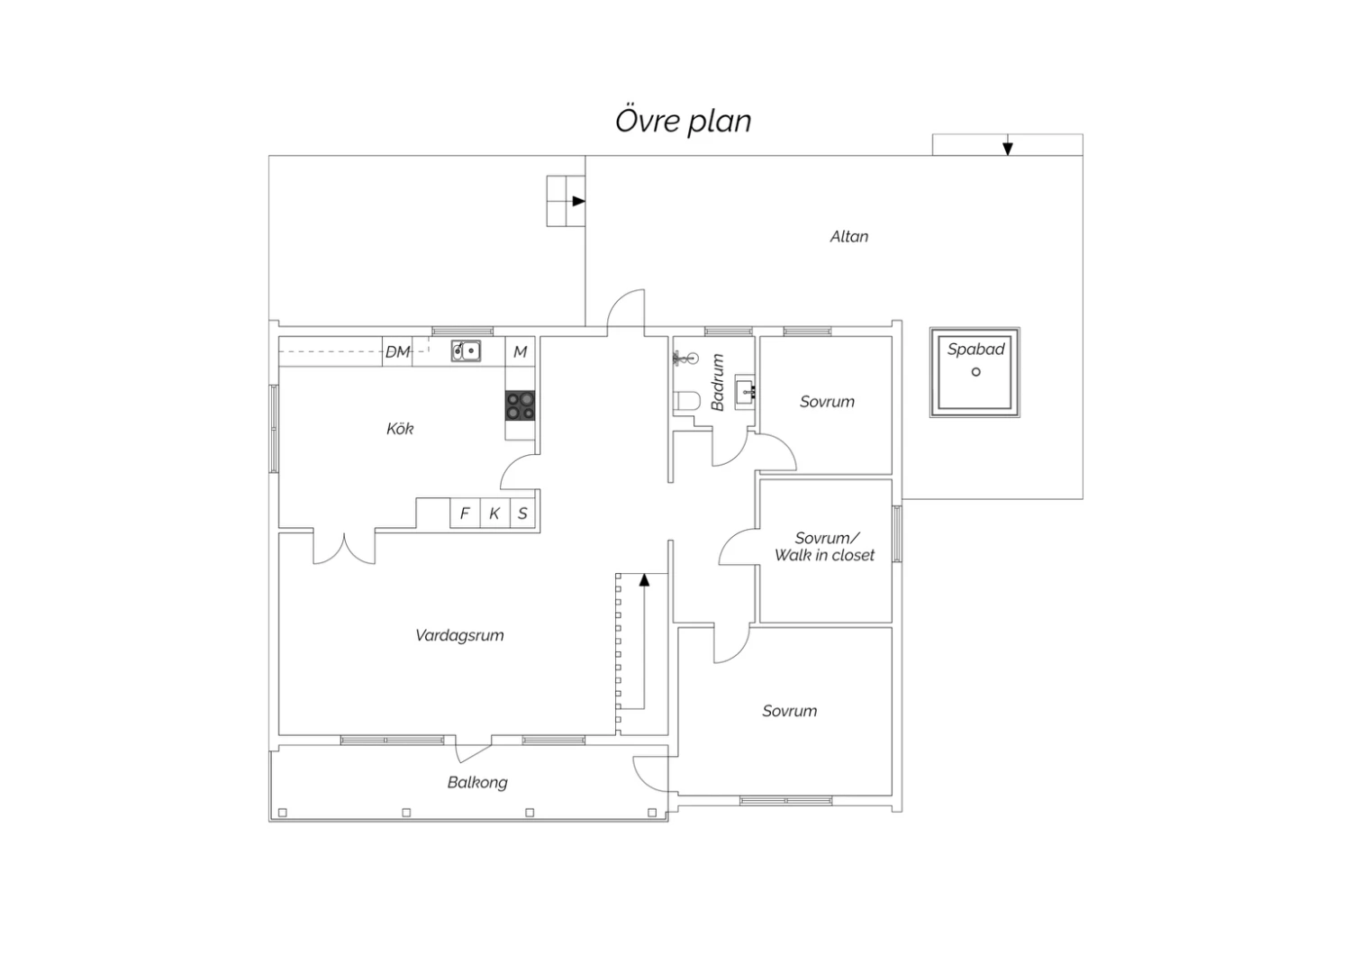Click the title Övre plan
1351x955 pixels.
coord(683,122)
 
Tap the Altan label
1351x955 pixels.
coord(849,236)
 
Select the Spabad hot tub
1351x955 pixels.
coord(975,372)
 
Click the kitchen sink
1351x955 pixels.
coord(466,350)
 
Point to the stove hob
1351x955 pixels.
coord(520,405)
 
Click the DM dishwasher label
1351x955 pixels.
coord(397,351)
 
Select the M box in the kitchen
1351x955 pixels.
coord(520,351)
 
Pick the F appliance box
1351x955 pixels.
coord(465,514)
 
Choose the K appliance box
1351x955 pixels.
coord(494,514)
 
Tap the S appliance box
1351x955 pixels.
coord(523,514)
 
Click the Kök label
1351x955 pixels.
coord(400,428)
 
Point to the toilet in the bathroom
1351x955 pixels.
coord(686,401)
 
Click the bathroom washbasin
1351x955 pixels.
coord(745,392)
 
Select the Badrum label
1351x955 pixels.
coord(717,383)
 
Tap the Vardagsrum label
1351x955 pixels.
coord(459,635)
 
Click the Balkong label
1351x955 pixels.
coord(477,782)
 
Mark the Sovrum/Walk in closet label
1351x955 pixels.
coord(824,547)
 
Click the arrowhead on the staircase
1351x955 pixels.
coord(644,579)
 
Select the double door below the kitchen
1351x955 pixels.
coord(344,548)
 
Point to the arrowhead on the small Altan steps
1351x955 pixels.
coord(579,201)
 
